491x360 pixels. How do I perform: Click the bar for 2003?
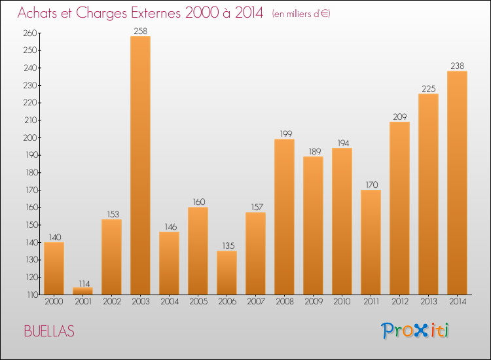[140, 165]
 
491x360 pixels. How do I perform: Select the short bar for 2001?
[82, 291]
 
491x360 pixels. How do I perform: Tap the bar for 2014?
[457, 183]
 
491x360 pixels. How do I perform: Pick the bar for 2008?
[284, 217]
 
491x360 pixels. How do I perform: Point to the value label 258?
[140, 31]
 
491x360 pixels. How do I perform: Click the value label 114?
[82, 283]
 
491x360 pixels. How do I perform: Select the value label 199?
[284, 134]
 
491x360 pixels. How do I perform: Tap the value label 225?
[428, 89]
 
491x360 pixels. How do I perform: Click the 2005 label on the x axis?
[198, 302]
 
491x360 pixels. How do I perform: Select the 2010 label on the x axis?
[342, 302]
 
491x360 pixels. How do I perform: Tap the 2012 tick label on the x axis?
[399, 302]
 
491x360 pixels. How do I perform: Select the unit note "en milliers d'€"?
[301, 14]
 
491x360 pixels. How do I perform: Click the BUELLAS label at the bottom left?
[49, 331]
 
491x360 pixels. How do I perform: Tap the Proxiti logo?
[415, 331]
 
